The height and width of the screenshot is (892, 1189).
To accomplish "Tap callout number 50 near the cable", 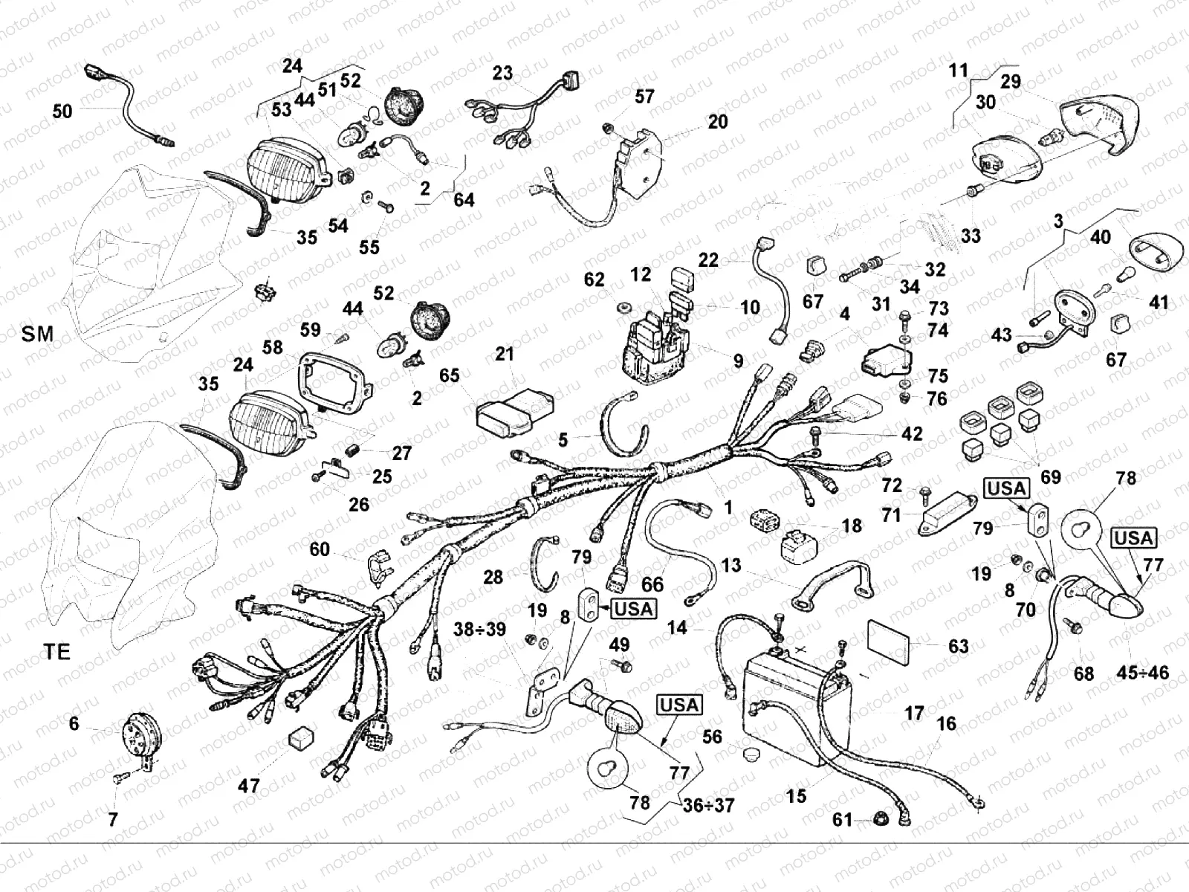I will click(x=62, y=111).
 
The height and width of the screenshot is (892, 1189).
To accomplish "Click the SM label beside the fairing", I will click(x=37, y=334).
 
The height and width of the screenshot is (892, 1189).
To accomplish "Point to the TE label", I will click(x=56, y=652).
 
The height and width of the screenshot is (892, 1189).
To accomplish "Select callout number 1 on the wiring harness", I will click(x=729, y=507).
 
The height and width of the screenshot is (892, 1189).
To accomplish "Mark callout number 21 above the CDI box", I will click(x=505, y=355).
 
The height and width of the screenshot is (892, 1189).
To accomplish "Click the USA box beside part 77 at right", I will click(x=1133, y=537).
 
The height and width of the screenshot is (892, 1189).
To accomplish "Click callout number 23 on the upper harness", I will click(x=502, y=73).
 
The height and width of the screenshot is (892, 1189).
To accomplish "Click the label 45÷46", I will click(x=1143, y=673).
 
